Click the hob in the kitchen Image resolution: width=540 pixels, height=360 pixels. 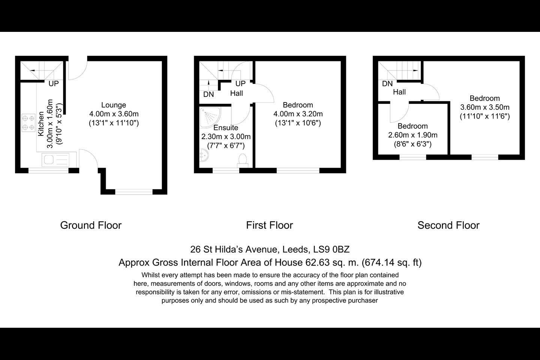pyautogui.click(x=28, y=123)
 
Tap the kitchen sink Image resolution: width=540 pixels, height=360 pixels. pyautogui.click(x=55, y=160)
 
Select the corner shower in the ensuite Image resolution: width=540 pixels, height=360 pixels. pyautogui.click(x=210, y=118)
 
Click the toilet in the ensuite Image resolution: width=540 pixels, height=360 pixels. pyautogui.click(x=243, y=161)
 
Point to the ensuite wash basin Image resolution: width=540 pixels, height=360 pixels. pyautogui.click(x=204, y=155)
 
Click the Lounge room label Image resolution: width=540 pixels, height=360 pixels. pyautogui.click(x=114, y=105)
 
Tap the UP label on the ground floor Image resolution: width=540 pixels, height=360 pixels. pyautogui.click(x=54, y=83)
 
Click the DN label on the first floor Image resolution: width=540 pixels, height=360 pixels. pyautogui.click(x=208, y=94)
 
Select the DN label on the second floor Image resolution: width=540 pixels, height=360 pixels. pyautogui.click(x=387, y=84)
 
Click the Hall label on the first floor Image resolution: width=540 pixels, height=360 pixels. pyautogui.click(x=237, y=93)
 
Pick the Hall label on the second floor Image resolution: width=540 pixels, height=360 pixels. pyautogui.click(x=399, y=92)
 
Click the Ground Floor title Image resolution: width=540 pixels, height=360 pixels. pyautogui.click(x=91, y=225)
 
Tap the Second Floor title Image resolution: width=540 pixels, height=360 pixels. pyautogui.click(x=448, y=225)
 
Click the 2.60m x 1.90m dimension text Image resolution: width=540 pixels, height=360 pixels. pyautogui.click(x=413, y=135)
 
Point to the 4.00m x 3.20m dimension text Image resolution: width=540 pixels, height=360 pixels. pyautogui.click(x=298, y=114)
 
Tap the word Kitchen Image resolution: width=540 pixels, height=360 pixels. pyautogui.click(x=41, y=124)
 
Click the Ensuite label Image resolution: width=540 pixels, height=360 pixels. pyautogui.click(x=226, y=127)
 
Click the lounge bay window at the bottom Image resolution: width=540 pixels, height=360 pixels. pyautogui.click(x=134, y=192)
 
